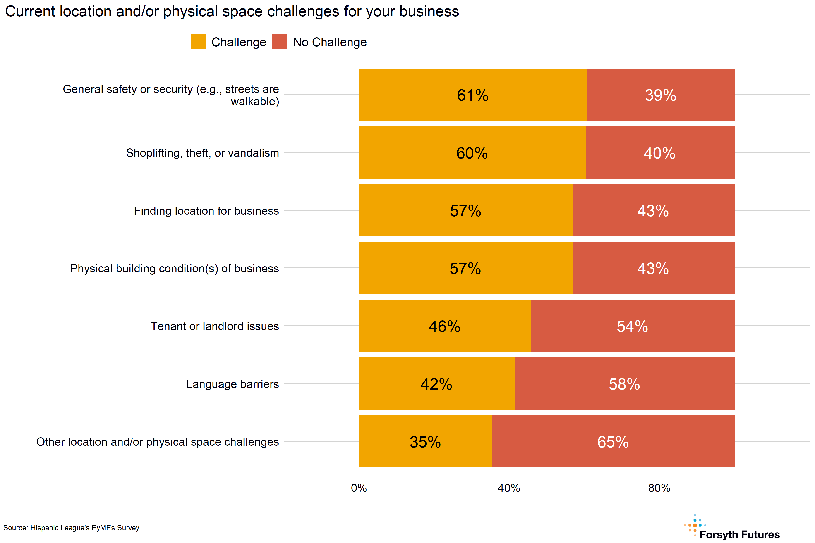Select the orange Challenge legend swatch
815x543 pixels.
198,42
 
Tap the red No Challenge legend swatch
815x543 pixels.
279,42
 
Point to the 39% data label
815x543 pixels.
660,95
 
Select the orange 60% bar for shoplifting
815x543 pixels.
472,153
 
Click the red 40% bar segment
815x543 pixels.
660,153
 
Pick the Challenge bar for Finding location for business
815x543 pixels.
465,211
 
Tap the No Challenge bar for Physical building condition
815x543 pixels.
653,268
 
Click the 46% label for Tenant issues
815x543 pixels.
445,326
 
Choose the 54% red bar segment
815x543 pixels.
632,326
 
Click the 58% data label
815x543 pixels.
624,384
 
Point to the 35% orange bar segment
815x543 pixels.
425,442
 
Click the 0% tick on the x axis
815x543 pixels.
359,488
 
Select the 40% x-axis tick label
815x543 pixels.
509,488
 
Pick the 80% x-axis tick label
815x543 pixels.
659,488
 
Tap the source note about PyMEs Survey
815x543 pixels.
71,528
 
